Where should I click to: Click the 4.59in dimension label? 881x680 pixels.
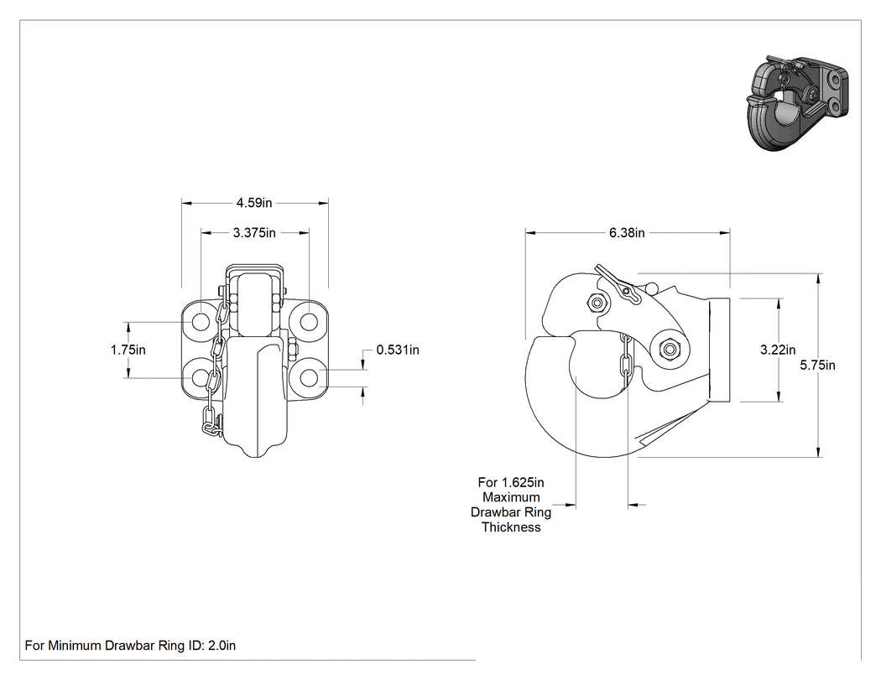coord(254,203)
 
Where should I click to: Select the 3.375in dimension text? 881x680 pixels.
coord(254,232)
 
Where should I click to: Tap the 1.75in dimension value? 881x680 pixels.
coord(128,350)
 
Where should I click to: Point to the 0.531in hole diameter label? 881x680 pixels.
coord(398,350)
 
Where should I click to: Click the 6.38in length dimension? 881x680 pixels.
coord(627,232)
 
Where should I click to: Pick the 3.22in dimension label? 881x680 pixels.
coord(778,350)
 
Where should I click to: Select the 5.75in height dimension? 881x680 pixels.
coord(817,365)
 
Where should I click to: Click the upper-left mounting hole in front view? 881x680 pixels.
coord(201,322)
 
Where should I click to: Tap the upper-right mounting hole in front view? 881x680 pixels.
coord(307,322)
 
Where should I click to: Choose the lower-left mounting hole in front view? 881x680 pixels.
coord(201,378)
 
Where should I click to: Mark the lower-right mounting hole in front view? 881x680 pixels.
coord(307,378)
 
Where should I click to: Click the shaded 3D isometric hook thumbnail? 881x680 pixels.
coord(797,103)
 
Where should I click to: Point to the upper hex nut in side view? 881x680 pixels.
coord(597,304)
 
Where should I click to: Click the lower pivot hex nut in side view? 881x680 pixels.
coord(669,350)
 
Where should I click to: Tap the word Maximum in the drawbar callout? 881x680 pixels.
coord(511,497)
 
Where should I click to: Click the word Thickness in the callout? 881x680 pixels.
coord(511,527)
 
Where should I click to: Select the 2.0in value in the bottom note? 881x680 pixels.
coord(222,646)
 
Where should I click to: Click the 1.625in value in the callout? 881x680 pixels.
coord(523,482)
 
